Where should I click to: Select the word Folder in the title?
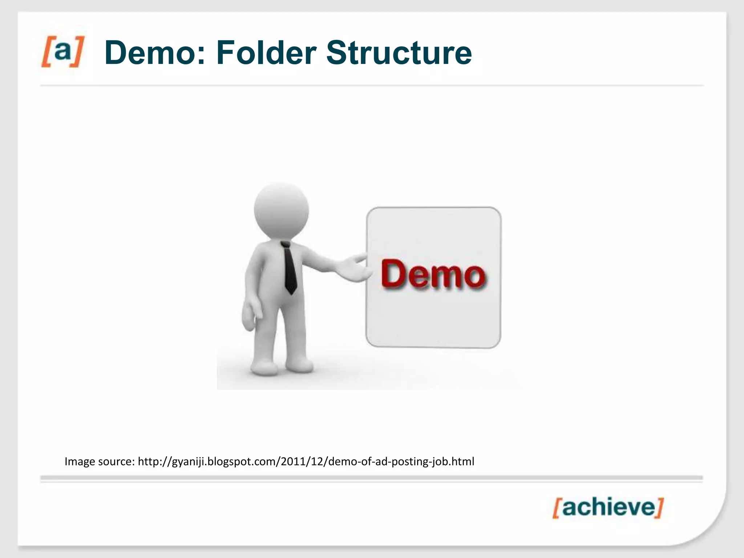pos(266,53)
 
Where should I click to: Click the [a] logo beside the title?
pos(62,52)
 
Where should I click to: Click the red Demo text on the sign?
pos(433,274)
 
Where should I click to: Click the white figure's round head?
pos(281,210)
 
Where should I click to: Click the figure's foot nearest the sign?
pos(300,366)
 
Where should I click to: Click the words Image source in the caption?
pos(99,461)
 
